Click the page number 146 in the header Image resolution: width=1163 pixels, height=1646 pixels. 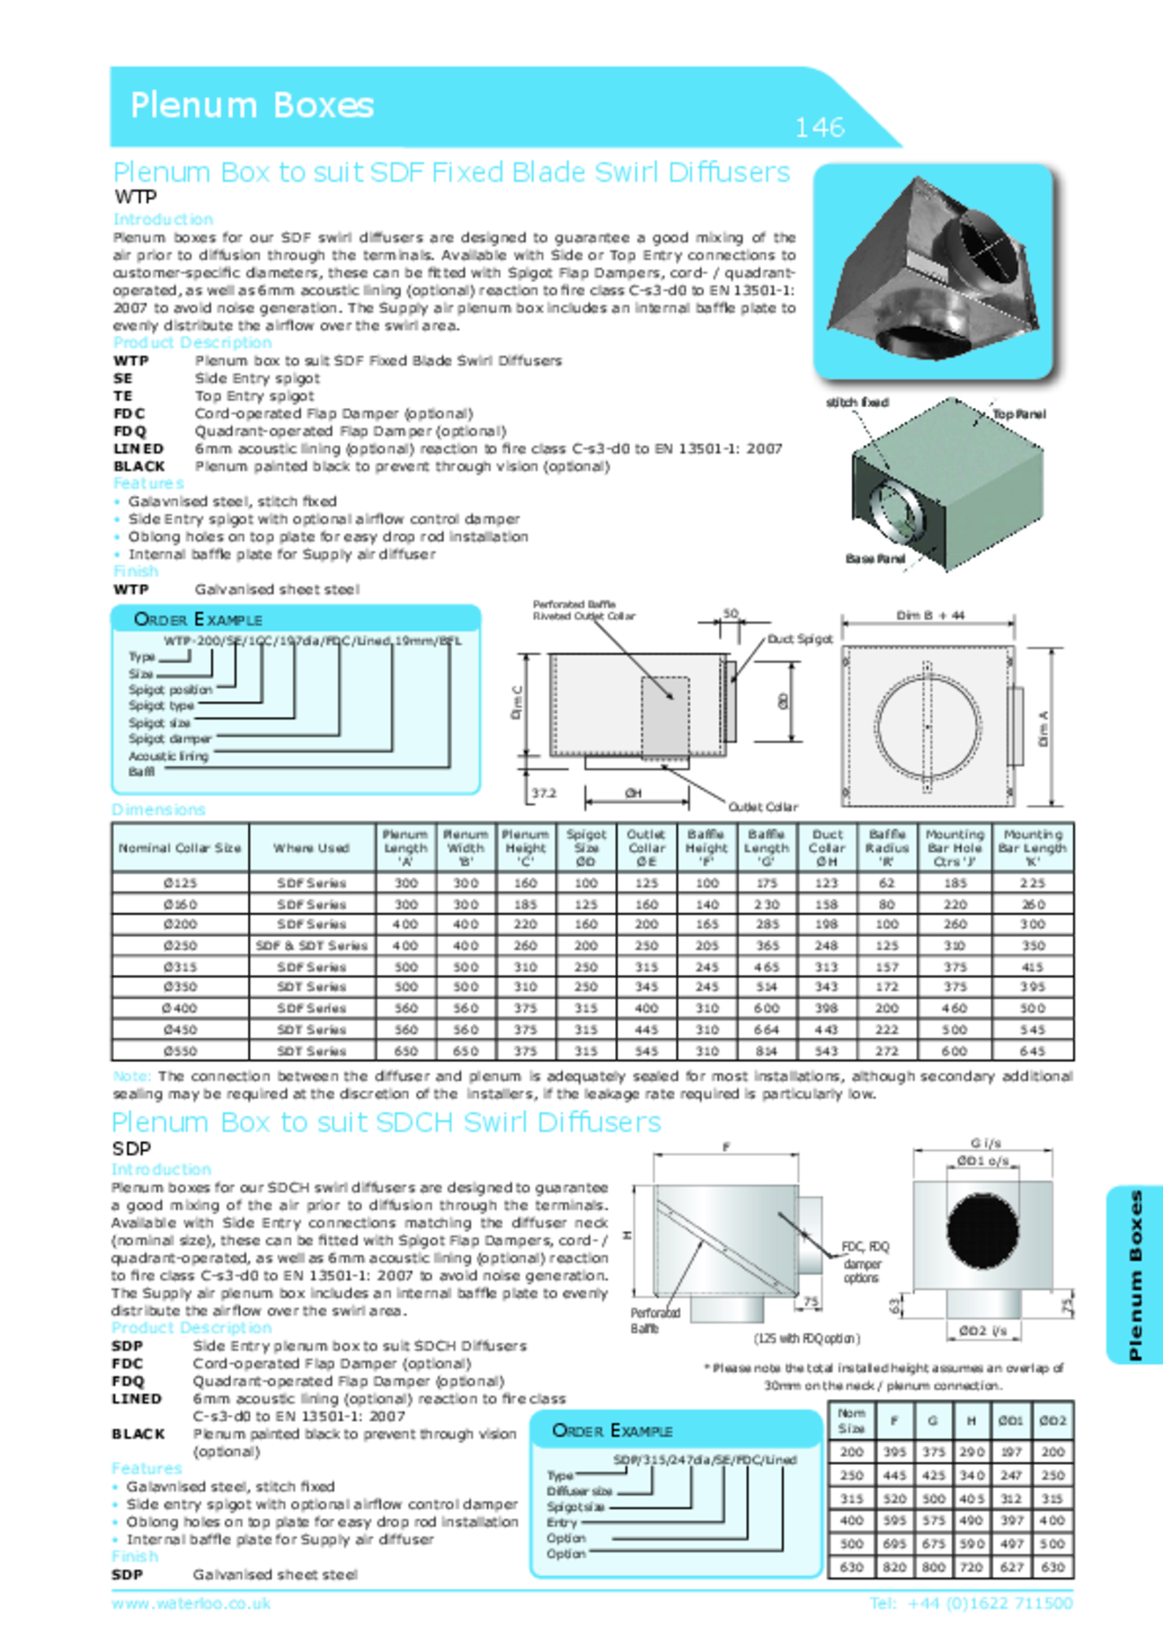(x=819, y=128)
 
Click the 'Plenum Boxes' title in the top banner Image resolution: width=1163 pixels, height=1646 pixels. (x=251, y=105)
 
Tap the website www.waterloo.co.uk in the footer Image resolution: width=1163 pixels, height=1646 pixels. (x=191, y=1603)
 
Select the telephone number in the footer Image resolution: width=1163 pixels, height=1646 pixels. (x=971, y=1603)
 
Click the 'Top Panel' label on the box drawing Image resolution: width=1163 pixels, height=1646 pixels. (x=1019, y=414)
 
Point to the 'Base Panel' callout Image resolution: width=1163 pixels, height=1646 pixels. (x=874, y=558)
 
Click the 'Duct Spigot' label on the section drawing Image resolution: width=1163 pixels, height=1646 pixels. (x=800, y=639)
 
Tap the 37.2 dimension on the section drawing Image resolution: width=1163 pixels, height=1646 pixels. (x=543, y=792)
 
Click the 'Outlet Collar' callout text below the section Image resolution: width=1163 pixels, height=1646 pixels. (x=762, y=807)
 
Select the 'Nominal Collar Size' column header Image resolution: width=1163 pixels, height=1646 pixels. (x=180, y=848)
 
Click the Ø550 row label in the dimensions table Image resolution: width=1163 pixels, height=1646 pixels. (x=180, y=1051)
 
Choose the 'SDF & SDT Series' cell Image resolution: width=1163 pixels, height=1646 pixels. (x=311, y=946)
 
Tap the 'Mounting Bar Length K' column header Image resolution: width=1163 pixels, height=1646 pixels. (x=1032, y=848)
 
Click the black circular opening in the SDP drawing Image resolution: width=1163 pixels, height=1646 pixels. (x=983, y=1227)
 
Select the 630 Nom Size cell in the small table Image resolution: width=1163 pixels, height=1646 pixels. (x=851, y=1567)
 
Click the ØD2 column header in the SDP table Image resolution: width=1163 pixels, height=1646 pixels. (x=1052, y=1420)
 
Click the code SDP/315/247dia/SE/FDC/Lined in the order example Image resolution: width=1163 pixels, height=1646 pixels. (x=704, y=1460)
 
